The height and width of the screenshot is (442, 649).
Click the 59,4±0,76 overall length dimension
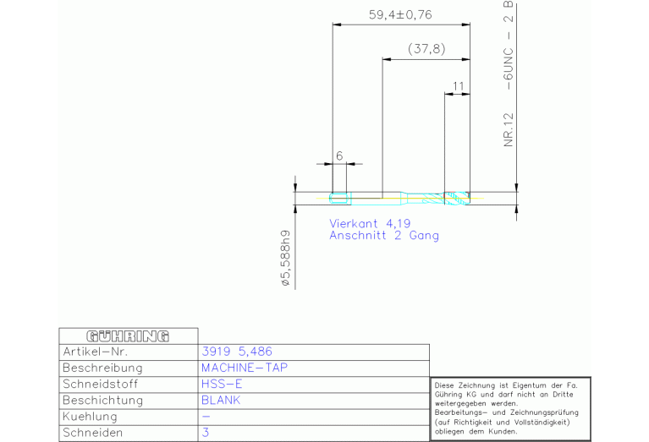pos(400,15)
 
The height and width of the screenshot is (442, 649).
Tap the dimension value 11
pos(458,86)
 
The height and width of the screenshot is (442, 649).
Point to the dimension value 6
pos(339,156)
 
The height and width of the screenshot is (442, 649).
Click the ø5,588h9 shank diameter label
pos(286,259)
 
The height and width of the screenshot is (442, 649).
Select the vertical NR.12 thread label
pos(509,129)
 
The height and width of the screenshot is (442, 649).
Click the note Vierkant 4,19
pos(370,224)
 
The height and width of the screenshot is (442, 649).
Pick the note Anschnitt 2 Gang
pos(383,236)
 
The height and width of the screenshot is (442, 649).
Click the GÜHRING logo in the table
pos(128,336)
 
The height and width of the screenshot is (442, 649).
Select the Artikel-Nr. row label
pos(96,352)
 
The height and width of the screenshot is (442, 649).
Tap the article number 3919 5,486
pos(237,352)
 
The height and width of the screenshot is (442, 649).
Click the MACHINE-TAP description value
pos(245,368)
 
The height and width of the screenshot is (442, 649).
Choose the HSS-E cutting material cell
pos(222,385)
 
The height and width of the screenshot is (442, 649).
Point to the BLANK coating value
pos(221,401)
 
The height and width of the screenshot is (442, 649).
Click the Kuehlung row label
pos(90,417)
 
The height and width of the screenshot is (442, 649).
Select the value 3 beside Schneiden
pos(206,433)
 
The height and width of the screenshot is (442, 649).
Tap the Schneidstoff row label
pos(100,385)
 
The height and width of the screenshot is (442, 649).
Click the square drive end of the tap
pos(338,198)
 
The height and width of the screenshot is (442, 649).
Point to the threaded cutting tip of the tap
pos(457,198)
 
